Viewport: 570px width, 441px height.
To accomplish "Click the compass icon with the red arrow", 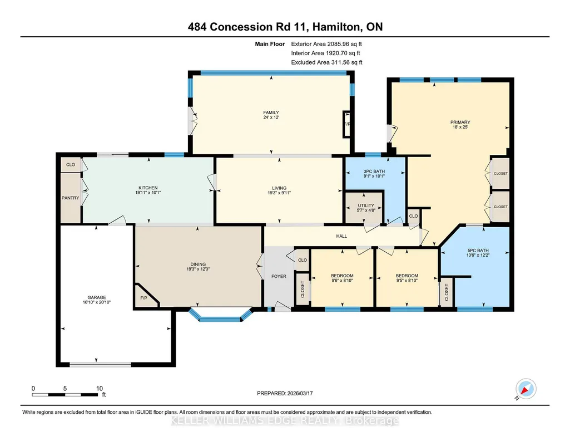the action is click(526, 389).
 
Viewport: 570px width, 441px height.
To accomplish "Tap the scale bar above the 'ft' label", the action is click(65, 394).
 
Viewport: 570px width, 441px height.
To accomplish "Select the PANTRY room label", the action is click(70, 198).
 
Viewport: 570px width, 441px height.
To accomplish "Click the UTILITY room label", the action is click(366, 205).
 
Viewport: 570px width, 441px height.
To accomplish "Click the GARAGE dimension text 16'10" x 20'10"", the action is click(97, 302).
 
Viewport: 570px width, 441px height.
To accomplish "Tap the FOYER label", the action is click(279, 276).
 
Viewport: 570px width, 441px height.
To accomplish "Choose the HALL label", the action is click(341, 236).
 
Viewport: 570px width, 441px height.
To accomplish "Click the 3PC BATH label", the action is click(374, 171).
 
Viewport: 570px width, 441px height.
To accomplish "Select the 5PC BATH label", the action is click(478, 251).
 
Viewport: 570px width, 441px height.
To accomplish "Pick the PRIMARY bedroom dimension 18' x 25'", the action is click(460, 127).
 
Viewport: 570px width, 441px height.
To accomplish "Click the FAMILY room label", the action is click(271, 112).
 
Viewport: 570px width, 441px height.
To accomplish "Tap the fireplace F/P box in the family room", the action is click(347, 124).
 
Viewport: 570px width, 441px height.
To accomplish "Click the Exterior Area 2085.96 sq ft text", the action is click(326, 44).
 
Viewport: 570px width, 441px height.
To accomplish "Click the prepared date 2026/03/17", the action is click(300, 393).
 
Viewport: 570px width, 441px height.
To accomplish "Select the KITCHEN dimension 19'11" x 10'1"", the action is click(148, 193).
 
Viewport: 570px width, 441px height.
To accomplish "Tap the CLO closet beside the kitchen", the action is click(71, 164).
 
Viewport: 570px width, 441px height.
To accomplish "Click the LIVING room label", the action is click(279, 188).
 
